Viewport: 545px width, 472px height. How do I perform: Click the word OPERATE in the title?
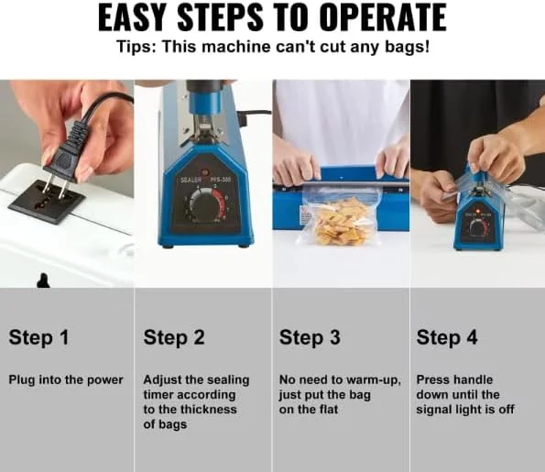pos(382,17)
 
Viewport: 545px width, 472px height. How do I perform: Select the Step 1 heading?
pos(38,337)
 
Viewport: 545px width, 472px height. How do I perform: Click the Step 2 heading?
pos(174,337)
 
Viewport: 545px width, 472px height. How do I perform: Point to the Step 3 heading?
pos(310,337)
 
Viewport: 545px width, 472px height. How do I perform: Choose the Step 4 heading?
pos(447,337)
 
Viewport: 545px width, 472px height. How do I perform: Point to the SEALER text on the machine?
pos(191,180)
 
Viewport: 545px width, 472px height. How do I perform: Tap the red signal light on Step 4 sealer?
pos(478,211)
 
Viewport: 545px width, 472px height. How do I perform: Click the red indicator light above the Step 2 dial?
pos(205,172)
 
